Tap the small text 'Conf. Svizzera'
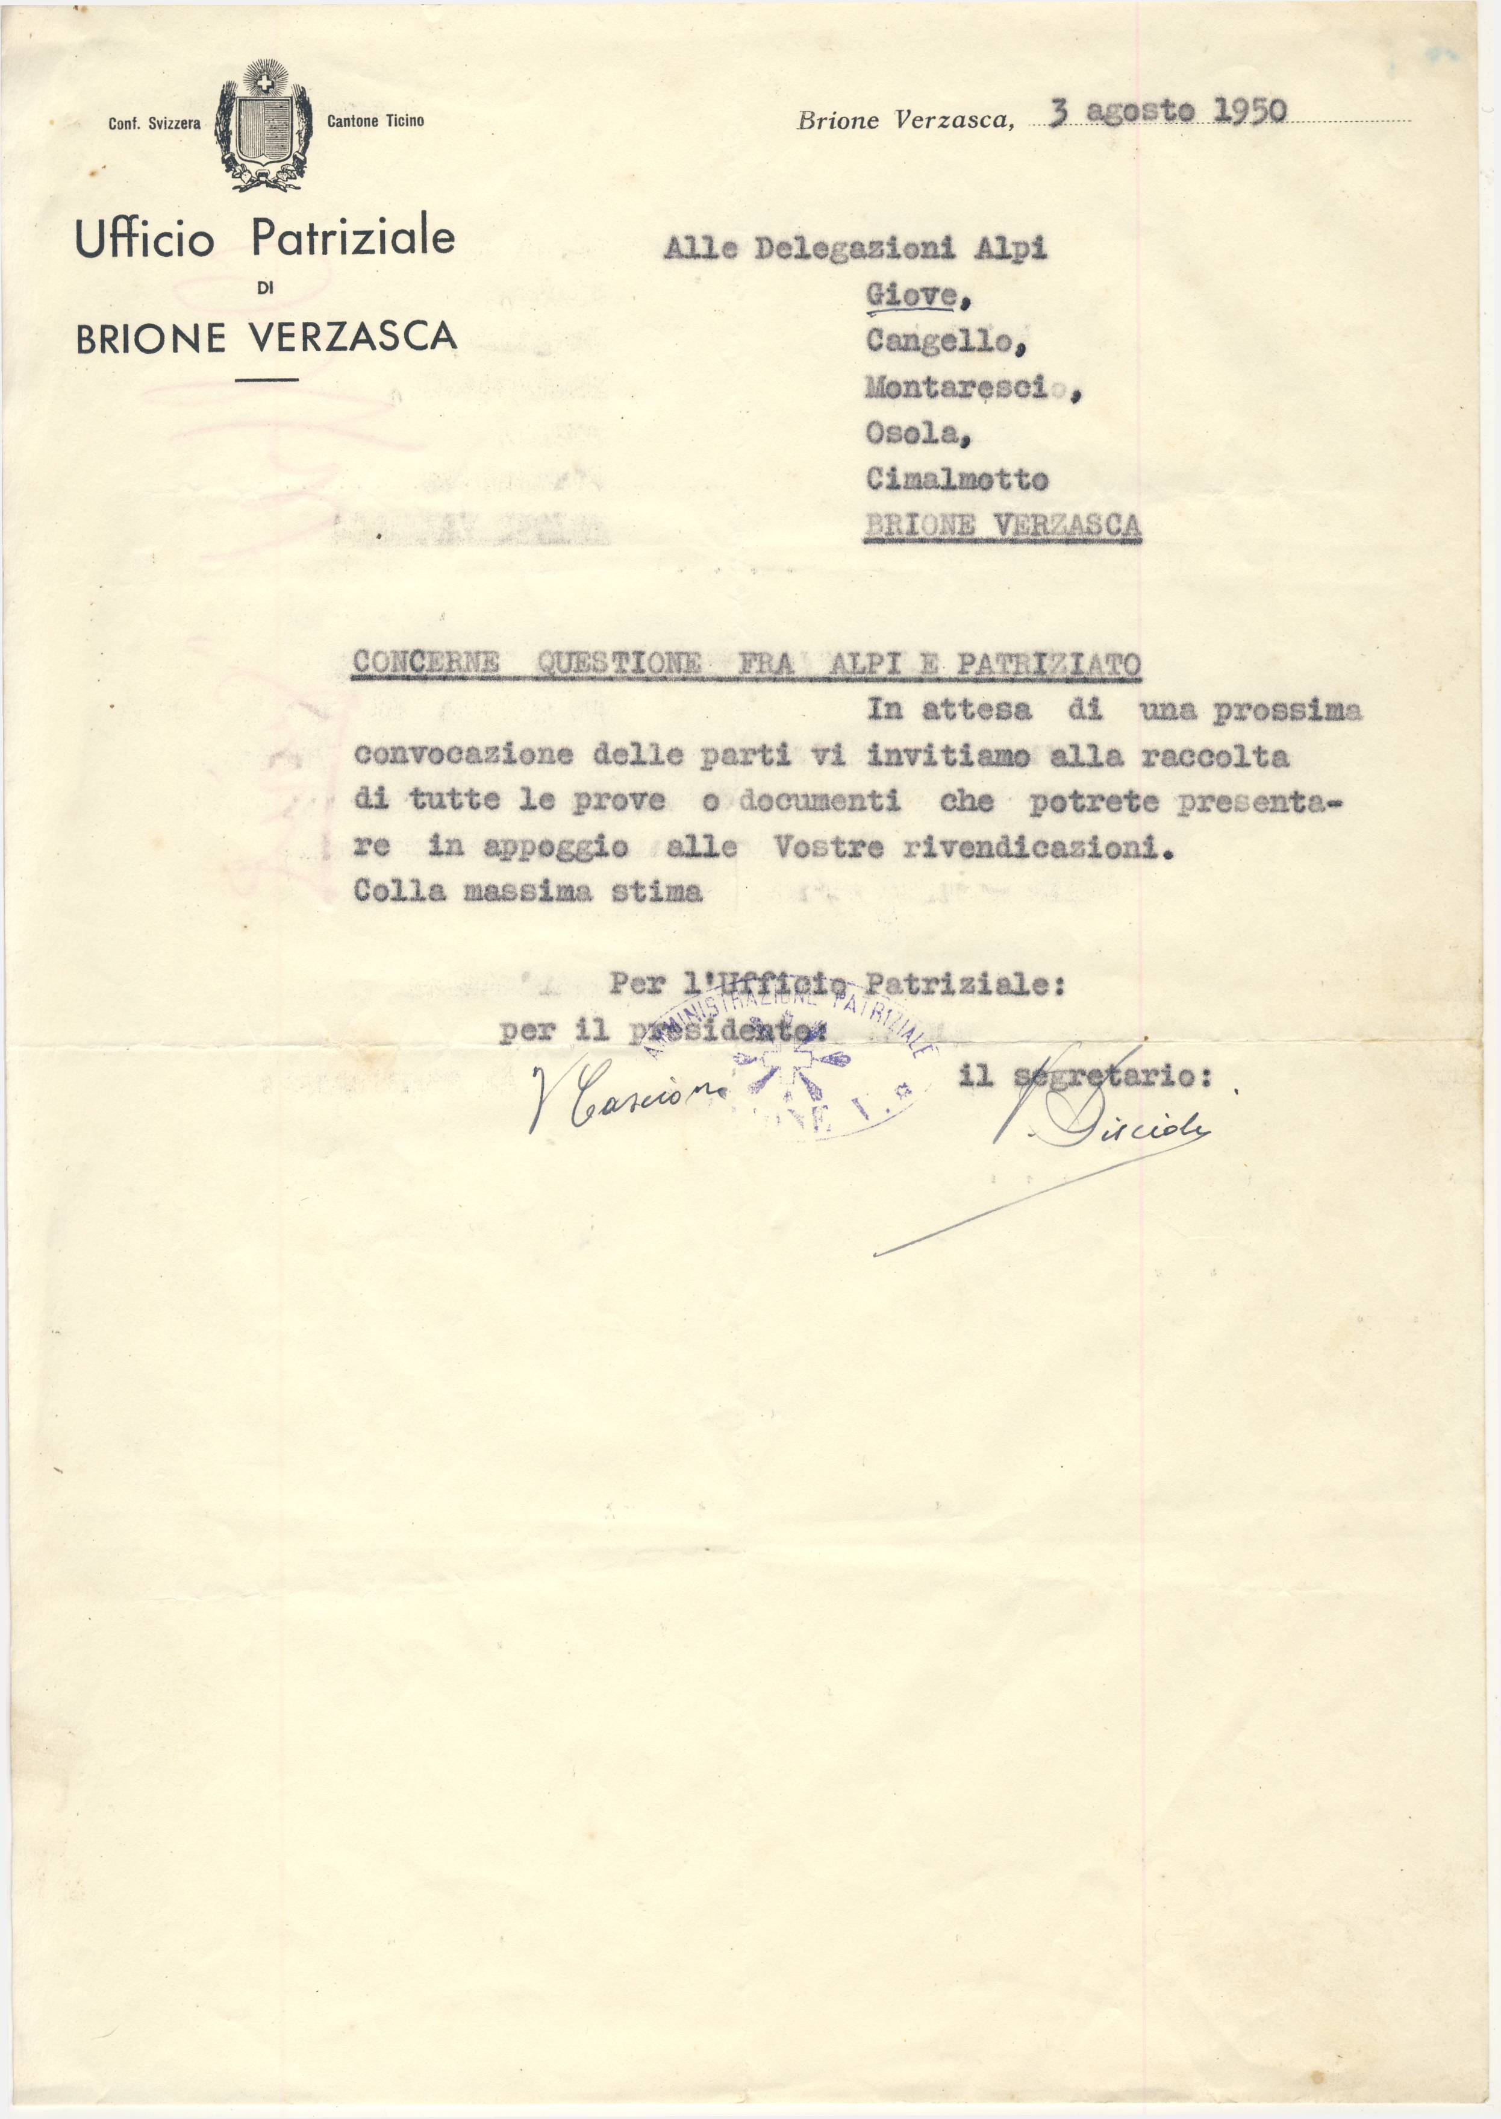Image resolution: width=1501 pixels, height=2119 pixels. click(154, 123)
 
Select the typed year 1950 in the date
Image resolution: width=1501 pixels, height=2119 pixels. click(1248, 111)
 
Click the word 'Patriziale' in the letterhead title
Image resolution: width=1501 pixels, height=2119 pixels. click(353, 239)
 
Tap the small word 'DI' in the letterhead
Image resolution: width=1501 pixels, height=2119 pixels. click(265, 289)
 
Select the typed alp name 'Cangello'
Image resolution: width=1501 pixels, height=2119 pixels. click(943, 342)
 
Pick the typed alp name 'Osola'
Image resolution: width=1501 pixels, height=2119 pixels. click(914, 433)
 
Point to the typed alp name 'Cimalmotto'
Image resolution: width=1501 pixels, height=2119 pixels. click(956, 479)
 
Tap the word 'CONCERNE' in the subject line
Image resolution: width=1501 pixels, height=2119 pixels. click(426, 663)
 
